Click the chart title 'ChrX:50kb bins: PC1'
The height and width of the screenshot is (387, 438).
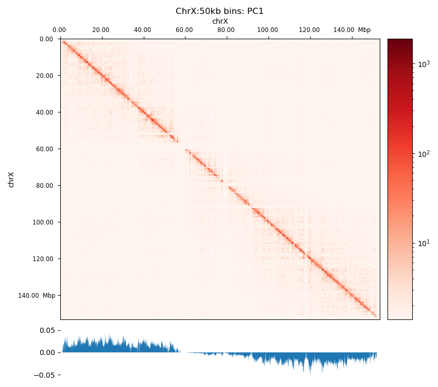point(220,11)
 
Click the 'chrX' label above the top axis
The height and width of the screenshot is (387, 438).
point(220,21)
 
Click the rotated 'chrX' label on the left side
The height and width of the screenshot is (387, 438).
point(11,180)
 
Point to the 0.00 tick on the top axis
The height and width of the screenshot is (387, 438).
point(59,30)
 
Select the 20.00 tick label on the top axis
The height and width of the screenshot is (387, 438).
point(101,30)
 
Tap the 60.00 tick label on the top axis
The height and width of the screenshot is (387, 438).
point(184,30)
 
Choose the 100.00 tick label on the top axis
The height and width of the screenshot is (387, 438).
point(267,30)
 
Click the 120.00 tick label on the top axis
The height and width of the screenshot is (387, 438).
point(309,30)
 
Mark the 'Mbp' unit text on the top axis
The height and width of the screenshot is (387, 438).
point(364,30)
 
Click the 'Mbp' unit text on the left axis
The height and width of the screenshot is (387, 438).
point(49,296)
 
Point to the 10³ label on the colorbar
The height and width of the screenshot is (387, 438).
point(423,64)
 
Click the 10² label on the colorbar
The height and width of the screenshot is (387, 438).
point(423,154)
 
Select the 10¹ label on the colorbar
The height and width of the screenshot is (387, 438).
point(423,243)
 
